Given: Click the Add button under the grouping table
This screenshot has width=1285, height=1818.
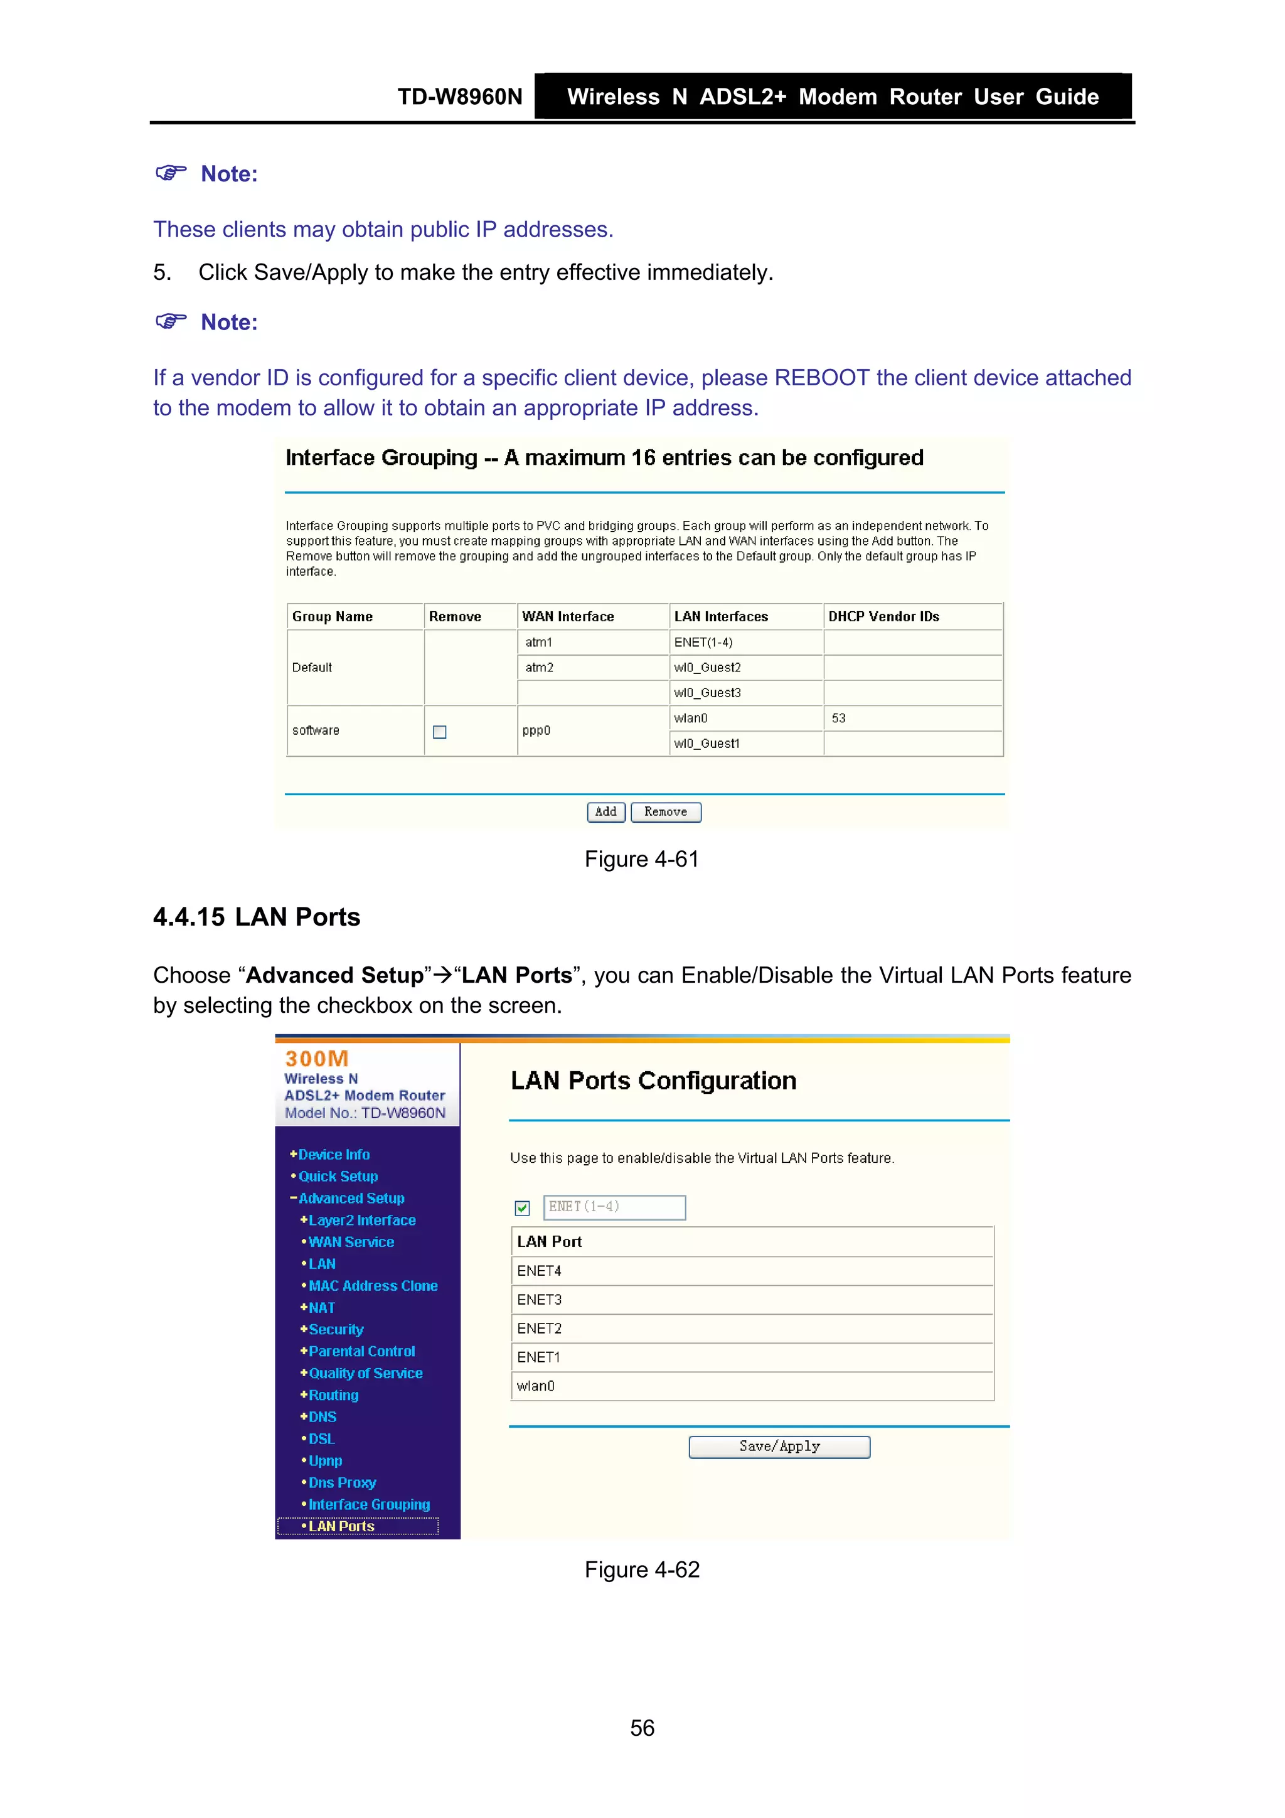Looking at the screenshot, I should pos(605,811).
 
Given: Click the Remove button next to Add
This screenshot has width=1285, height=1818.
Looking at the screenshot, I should pos(665,811).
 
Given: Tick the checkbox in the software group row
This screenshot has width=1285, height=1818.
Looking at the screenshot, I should pos(439,732).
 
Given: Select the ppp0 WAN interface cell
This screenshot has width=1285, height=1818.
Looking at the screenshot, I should pos(536,730).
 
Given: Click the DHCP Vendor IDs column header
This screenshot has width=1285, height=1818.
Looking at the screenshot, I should pos(883,616).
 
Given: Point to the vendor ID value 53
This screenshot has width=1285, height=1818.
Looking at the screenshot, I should pos(838,718).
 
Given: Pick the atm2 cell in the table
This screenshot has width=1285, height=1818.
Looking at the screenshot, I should pos(539,668).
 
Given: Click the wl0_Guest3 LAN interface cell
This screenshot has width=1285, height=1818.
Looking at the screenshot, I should pos(707,693).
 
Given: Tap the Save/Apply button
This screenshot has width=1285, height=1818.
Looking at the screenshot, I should pos(779,1446).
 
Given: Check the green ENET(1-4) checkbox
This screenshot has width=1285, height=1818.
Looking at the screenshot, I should pos(522,1207).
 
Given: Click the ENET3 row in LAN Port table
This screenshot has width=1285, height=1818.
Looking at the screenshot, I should pos(539,1300).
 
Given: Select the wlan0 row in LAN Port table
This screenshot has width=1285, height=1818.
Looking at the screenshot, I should pos(536,1386).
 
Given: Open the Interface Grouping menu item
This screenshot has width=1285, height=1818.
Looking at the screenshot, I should pos(369,1504).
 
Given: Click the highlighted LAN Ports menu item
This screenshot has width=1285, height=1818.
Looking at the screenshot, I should pos(341,1526).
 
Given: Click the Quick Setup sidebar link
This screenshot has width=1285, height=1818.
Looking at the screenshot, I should pos(338,1176).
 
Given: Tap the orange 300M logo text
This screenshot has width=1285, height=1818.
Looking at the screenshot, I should pos(317,1059).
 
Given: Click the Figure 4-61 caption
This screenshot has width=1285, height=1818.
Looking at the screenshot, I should pos(641,859).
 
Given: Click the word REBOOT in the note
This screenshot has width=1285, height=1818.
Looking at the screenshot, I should pos(821,378).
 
